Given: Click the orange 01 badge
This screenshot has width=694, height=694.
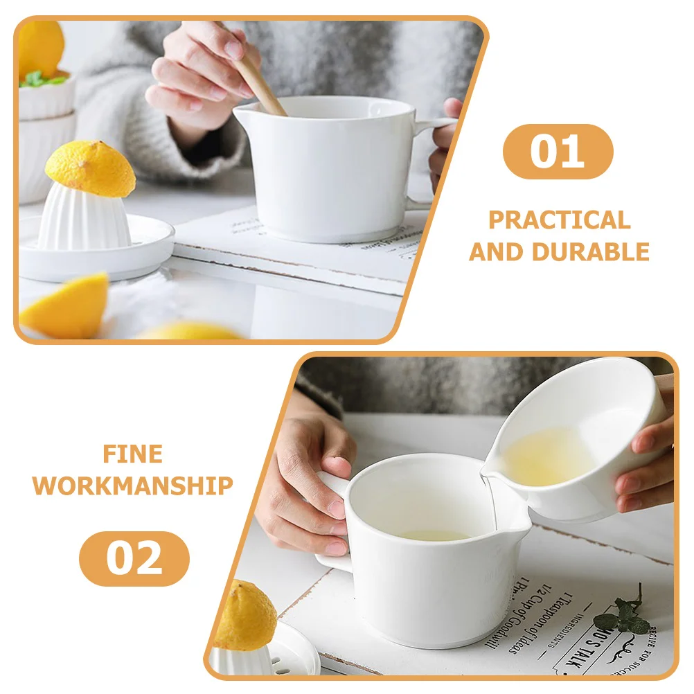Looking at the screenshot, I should [558, 151].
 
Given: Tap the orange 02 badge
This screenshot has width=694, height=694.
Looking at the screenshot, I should [134, 558].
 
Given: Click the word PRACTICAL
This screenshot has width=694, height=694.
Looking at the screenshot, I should [560, 220].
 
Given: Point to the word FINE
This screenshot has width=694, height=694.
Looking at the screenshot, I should [132, 454].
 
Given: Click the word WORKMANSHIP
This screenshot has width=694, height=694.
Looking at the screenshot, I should [132, 486].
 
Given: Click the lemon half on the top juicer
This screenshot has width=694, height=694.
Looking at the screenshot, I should [91, 168].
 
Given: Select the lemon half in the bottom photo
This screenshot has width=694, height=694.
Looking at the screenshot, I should [244, 616].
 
